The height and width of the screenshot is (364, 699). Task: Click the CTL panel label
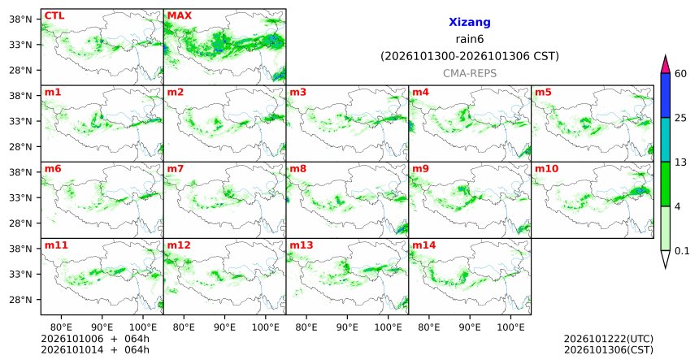point(54,15)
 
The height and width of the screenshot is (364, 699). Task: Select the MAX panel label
point(179,15)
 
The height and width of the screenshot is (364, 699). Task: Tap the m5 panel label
point(543,93)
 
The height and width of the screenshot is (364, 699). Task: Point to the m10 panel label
point(546,169)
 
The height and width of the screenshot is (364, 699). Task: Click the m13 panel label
point(302,245)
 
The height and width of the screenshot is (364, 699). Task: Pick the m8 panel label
point(297,169)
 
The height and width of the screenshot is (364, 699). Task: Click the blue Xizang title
point(470,22)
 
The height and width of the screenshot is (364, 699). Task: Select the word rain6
point(470,39)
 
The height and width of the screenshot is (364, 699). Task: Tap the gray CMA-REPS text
point(470,73)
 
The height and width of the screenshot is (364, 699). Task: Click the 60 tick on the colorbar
point(680,73)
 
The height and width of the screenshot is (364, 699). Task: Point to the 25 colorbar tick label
point(680,118)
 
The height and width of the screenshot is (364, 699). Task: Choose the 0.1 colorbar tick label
point(682,251)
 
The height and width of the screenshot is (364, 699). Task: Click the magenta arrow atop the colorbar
point(665,65)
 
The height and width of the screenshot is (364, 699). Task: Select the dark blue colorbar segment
point(665,95)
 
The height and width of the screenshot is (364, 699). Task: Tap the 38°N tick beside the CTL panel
point(20,19)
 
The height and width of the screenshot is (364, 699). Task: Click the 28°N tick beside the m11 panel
point(20,300)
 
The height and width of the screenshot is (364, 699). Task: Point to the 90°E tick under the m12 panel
point(224,327)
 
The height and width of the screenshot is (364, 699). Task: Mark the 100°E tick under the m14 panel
point(511,327)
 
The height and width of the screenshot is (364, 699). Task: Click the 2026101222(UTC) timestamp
point(609,340)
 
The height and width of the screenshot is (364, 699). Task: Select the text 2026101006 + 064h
point(95,339)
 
